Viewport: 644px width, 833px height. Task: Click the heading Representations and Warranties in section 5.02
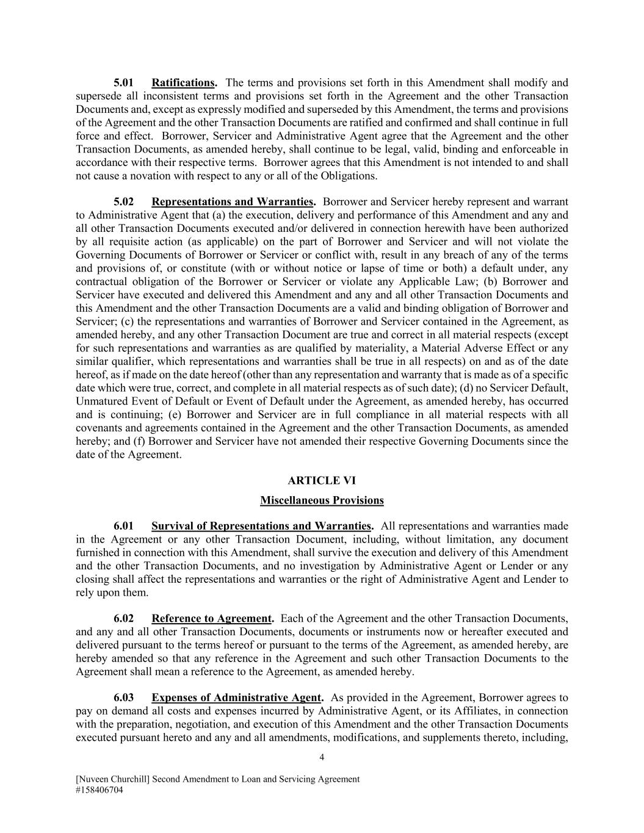[232, 202]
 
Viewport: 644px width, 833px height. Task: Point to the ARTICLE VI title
[322, 481]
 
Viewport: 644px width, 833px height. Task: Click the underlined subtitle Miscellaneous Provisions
[322, 501]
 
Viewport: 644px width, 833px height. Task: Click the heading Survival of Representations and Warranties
[261, 526]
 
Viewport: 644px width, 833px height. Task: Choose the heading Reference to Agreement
[211, 619]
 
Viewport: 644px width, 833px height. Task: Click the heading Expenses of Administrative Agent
[236, 698]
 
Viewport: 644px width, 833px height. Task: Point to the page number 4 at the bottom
[322, 758]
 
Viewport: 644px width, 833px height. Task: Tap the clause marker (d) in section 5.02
[467, 388]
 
